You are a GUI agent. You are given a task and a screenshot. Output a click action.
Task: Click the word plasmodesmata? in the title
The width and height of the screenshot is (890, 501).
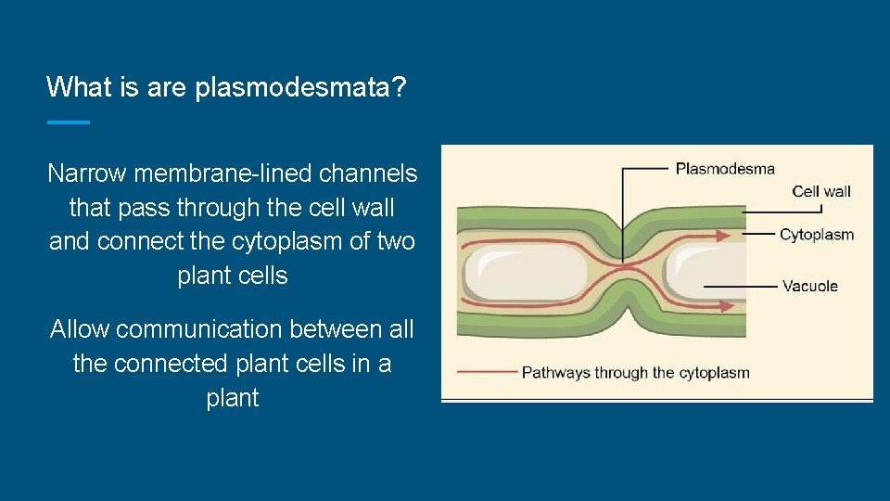coord(301,88)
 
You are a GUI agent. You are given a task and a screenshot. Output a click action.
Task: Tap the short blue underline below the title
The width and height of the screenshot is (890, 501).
coord(68,122)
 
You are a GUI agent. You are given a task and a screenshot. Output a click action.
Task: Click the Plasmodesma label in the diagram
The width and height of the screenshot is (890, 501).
coord(725,169)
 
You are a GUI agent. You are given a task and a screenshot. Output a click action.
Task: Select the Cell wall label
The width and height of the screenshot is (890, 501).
coord(821,192)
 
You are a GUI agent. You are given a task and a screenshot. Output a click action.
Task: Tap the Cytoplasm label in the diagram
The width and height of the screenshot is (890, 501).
coord(817,235)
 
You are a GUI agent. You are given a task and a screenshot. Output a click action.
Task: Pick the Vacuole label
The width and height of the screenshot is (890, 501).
coord(810,286)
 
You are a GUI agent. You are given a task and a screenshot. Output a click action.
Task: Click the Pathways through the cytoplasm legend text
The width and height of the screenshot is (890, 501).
coord(635,373)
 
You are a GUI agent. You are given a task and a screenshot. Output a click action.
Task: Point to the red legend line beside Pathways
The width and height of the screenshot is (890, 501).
coord(487,372)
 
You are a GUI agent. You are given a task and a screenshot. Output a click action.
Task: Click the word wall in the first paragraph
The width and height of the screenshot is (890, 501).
coord(375,208)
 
